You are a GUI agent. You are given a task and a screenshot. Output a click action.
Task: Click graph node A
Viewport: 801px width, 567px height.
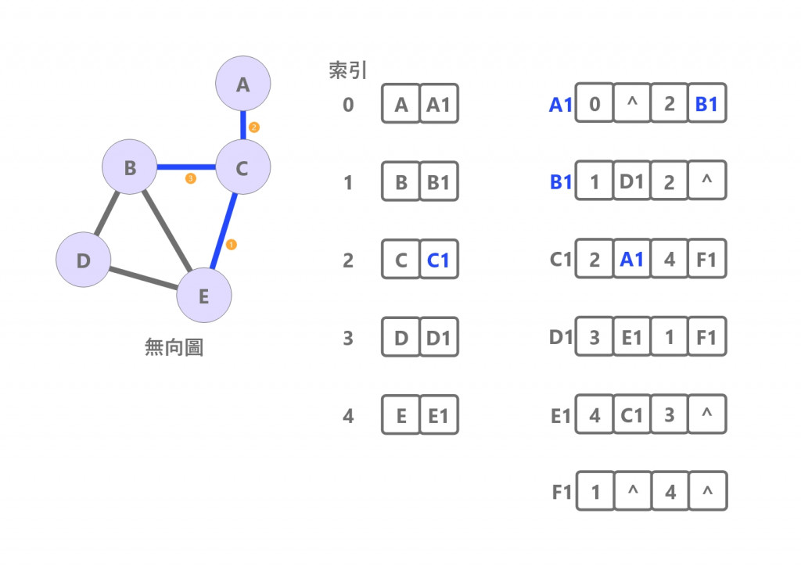click(242, 84)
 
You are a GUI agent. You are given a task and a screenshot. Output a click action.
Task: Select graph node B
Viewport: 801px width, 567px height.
click(130, 167)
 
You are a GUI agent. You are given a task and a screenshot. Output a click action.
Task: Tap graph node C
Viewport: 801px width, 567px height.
click(242, 167)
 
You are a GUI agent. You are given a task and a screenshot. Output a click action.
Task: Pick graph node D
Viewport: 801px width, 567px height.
click(84, 260)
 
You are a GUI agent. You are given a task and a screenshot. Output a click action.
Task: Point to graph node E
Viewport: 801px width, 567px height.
click(204, 296)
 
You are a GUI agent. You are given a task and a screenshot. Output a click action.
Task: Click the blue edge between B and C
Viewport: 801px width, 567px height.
click(186, 167)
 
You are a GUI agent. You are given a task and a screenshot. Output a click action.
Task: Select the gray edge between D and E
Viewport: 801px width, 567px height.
click(144, 278)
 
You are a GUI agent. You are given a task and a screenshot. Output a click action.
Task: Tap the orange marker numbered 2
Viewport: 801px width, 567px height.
click(253, 126)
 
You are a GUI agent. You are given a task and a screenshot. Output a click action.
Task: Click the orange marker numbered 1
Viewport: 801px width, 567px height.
click(231, 245)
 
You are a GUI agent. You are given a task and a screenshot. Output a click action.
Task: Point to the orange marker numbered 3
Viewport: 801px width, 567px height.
click(190, 179)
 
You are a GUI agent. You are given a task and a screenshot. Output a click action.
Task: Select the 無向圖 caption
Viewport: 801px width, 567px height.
click(174, 347)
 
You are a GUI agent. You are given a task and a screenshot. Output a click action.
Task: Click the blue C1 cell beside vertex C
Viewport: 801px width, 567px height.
click(439, 260)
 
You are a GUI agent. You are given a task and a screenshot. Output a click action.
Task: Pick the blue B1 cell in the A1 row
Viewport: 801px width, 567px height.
click(706, 104)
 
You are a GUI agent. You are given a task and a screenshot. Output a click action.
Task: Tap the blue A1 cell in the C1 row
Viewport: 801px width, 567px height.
click(631, 260)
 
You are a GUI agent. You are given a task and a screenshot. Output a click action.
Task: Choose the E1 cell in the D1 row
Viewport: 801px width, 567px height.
click(631, 339)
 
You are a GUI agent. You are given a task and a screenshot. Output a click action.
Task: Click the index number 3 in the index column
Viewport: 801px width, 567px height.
click(348, 339)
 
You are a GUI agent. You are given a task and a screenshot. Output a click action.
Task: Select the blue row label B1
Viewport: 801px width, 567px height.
click(561, 182)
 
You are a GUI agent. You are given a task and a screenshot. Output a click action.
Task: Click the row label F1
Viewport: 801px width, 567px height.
click(561, 493)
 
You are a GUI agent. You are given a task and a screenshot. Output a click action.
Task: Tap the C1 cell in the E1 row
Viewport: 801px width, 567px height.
click(631, 415)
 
